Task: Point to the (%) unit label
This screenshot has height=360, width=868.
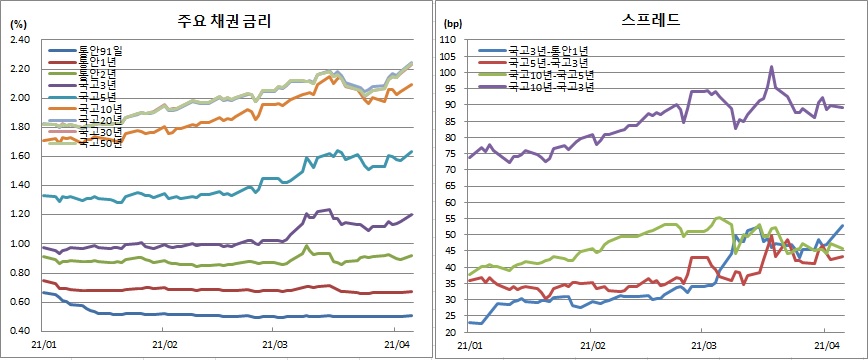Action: point(16,21)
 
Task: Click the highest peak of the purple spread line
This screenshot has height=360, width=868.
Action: point(772,67)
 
